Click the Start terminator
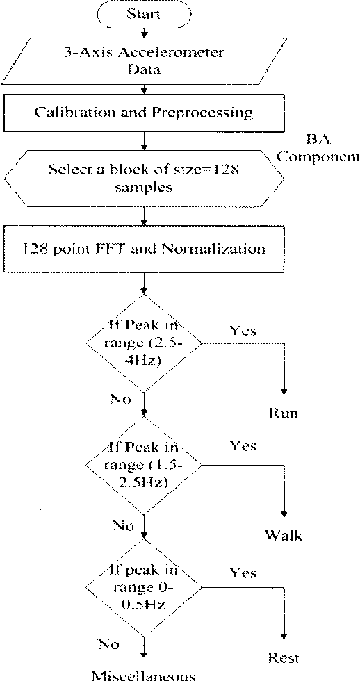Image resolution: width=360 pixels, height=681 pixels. pyautogui.click(x=143, y=13)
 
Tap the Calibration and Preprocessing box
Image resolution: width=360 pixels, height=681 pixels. pyautogui.click(x=143, y=112)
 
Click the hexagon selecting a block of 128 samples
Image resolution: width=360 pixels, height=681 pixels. pyautogui.click(x=143, y=178)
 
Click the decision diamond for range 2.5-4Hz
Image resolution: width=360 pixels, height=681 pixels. pyautogui.click(x=143, y=343)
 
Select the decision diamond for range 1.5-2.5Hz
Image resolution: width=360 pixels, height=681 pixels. pyautogui.click(x=143, y=463)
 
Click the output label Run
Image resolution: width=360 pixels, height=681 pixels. pyautogui.click(x=284, y=414)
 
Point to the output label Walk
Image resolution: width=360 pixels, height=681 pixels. pyautogui.click(x=284, y=535)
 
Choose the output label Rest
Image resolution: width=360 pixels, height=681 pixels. pyautogui.click(x=284, y=657)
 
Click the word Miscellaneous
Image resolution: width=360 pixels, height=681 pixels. pyautogui.click(x=143, y=674)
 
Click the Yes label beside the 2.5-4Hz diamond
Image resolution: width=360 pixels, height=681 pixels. pyautogui.click(x=242, y=331)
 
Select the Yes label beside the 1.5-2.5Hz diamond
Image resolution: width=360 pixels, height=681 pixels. pyautogui.click(x=242, y=444)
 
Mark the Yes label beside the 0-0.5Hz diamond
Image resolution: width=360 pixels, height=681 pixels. pyautogui.click(x=242, y=573)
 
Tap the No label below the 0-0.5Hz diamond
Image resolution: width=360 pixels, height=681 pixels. pyautogui.click(x=108, y=644)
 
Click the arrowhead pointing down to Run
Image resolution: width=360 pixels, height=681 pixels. pyautogui.click(x=284, y=394)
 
